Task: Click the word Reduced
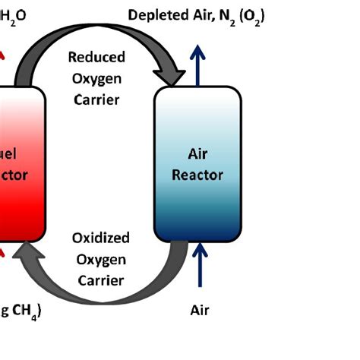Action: [97, 57]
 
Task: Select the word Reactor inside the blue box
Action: [197, 175]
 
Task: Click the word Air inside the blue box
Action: [197, 154]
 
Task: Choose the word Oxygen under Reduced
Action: [97, 77]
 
